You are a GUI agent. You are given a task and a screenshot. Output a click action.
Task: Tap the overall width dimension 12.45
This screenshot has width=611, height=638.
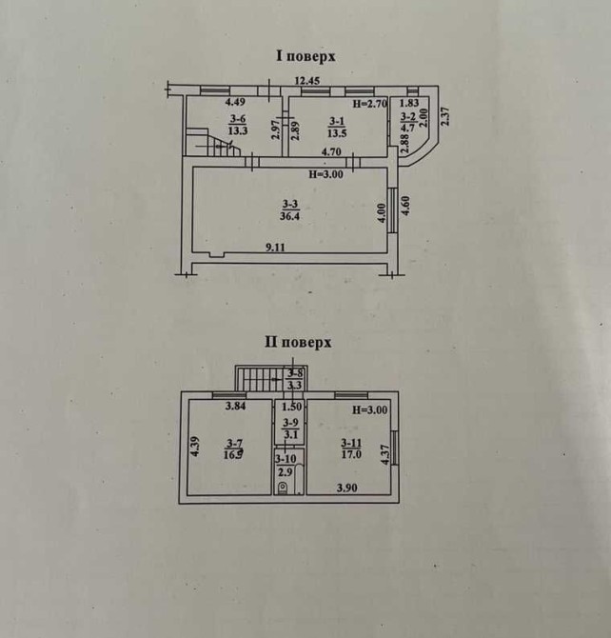coord(307,81)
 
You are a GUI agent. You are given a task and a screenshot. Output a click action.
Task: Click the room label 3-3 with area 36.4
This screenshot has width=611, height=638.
coord(289,209)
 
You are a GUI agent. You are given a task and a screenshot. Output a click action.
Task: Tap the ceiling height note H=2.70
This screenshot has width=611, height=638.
coord(370,103)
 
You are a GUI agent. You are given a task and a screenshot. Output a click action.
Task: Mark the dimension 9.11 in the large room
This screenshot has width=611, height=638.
coord(275,248)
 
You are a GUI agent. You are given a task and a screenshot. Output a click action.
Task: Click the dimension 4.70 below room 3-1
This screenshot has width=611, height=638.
coord(332,152)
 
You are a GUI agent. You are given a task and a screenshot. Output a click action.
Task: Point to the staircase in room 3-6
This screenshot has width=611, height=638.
coord(213,142)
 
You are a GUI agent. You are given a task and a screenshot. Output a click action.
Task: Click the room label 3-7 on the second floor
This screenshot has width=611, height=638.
coord(232,448)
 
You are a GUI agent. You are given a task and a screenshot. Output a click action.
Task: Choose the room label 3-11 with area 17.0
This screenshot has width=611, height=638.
coord(351,448)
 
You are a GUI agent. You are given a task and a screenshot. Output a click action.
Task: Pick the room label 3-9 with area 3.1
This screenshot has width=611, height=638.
coord(290,429)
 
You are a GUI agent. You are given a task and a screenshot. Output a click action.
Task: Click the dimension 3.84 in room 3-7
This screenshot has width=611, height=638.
coord(235,408)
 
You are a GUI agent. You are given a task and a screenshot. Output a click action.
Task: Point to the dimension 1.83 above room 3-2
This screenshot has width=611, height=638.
coord(409,103)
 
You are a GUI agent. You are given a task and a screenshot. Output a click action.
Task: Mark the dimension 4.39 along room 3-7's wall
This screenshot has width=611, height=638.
coord(193,446)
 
